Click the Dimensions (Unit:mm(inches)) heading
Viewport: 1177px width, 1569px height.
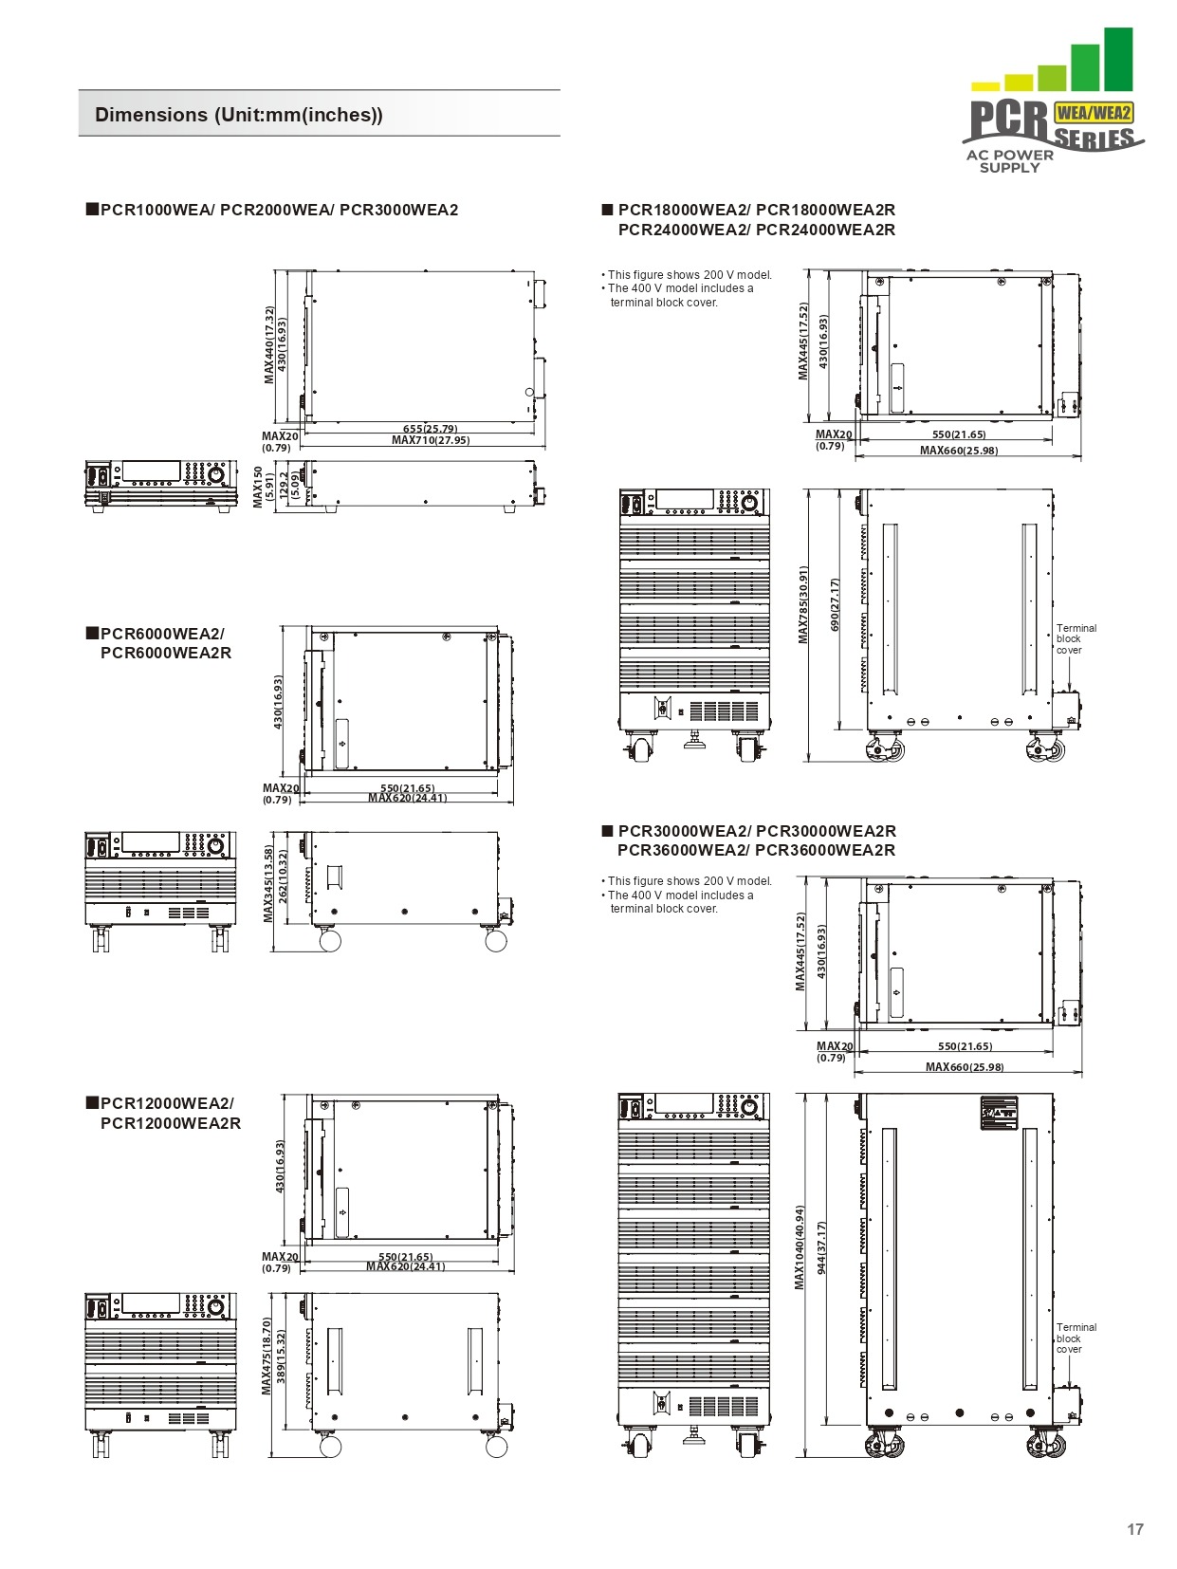point(239,115)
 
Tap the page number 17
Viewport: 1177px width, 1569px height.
point(1134,1528)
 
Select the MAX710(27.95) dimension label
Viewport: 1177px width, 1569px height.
point(430,440)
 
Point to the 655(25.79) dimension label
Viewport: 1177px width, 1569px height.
point(430,429)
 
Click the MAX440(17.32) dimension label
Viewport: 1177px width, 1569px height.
point(269,345)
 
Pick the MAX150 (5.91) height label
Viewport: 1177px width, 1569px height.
point(263,487)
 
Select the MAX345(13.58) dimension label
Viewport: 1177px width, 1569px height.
point(268,884)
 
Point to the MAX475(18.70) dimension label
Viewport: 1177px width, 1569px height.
point(267,1356)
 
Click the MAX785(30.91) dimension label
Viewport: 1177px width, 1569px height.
point(803,605)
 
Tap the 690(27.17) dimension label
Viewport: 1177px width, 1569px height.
point(835,605)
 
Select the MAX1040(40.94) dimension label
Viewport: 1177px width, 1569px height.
point(800,1247)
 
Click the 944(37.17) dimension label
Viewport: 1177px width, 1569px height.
point(821,1247)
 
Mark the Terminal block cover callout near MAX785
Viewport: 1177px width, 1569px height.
point(1076,639)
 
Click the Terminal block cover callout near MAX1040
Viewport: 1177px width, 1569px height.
point(1076,1338)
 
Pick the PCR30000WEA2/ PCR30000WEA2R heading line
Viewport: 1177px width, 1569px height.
point(756,831)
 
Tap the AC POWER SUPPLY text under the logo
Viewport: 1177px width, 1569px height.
point(1009,161)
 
